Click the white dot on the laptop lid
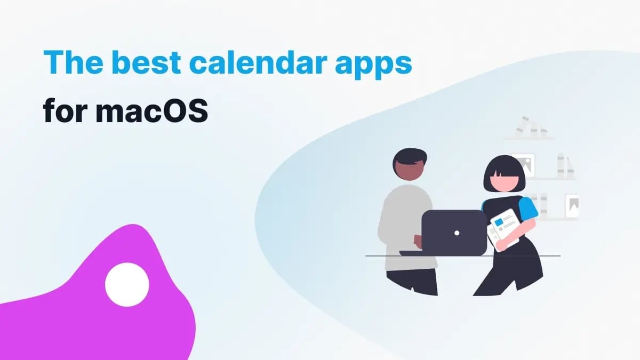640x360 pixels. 457,233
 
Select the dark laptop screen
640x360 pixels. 453,233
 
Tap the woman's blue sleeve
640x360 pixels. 527,208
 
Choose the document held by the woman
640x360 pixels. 503,228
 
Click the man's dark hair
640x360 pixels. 410,157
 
